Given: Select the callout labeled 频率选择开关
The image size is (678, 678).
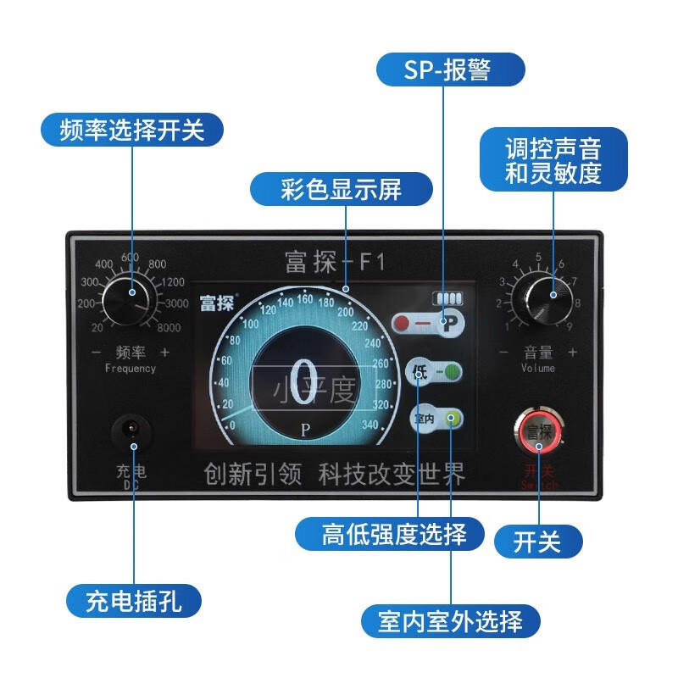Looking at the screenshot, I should [x=132, y=131].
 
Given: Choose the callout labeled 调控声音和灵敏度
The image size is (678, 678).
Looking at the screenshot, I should [x=553, y=161].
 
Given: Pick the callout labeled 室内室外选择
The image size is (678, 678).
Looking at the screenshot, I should [x=450, y=621].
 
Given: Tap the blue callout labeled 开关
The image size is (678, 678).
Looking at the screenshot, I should [x=537, y=541].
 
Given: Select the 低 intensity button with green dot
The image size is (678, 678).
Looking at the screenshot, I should [x=435, y=371].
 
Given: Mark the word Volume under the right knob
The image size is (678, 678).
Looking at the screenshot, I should [x=537, y=369].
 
